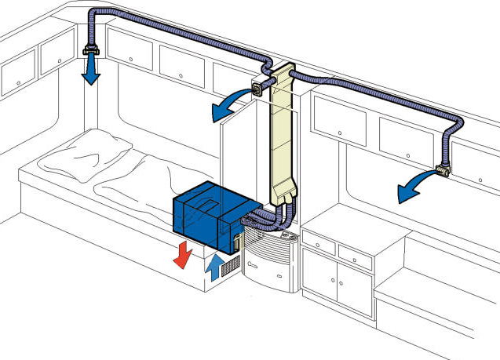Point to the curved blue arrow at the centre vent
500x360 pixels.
click(228, 110)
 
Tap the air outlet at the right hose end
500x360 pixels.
click(444, 169)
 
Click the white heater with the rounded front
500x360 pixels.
click(267, 263)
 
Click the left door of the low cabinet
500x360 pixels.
click(319, 278)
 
